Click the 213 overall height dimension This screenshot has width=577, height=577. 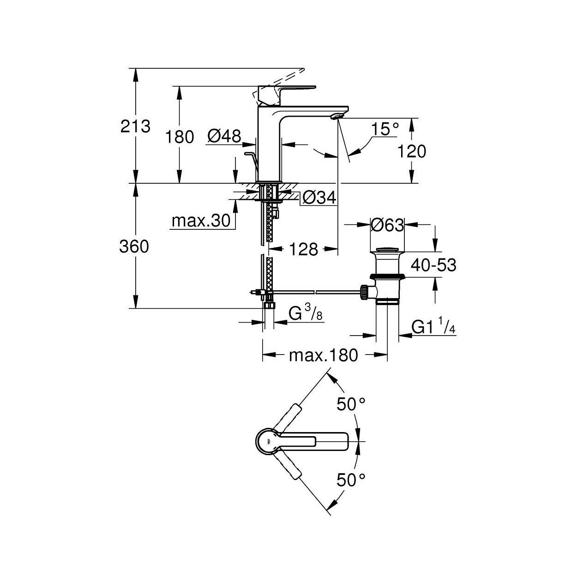click(135, 126)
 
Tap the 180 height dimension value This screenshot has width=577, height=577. click(180, 138)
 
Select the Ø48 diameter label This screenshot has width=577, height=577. click(224, 136)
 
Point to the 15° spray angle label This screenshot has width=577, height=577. click(385, 129)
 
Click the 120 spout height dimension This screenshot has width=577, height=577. click(412, 151)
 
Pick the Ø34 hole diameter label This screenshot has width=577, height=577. click(319, 198)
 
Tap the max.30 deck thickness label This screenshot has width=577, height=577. click(201, 221)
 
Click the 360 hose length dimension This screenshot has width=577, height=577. click(134, 247)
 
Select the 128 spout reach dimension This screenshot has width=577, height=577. click(303, 249)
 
